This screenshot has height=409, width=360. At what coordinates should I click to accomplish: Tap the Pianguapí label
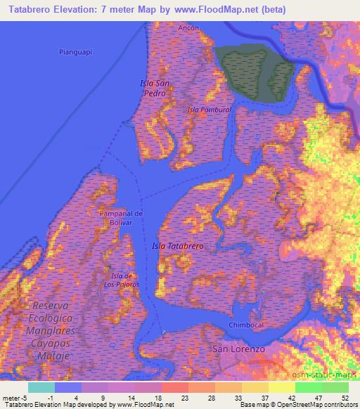tap(76, 51)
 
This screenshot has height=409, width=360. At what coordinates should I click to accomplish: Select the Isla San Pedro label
tap(155, 88)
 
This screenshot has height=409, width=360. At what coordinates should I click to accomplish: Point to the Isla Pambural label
tap(209, 110)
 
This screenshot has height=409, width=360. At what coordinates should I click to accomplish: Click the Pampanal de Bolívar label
tap(121, 217)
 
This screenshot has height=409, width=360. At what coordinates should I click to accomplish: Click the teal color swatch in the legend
tap(41, 387)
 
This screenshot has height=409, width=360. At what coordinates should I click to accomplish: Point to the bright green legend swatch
tap(308, 387)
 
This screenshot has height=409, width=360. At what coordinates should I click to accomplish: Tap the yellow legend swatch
tap(281, 387)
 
